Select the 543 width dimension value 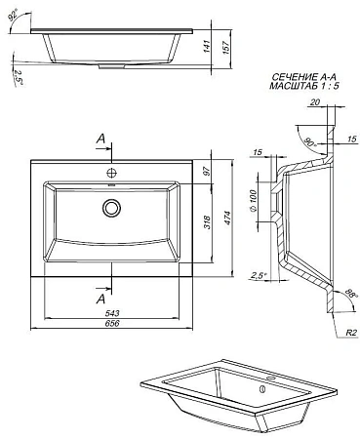click(x=116, y=312)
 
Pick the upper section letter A click(x=100, y=140)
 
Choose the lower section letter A click(x=100, y=299)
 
